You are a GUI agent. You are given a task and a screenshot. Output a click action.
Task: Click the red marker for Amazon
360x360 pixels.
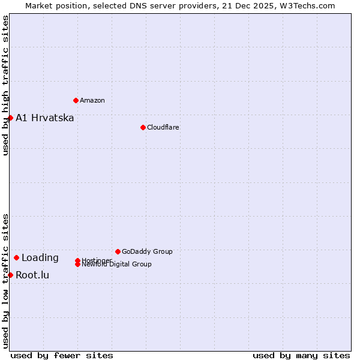click(x=76, y=100)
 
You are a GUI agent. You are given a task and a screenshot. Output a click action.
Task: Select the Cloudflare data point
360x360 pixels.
click(x=143, y=127)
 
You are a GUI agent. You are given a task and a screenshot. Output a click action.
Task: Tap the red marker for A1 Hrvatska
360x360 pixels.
click(x=10, y=118)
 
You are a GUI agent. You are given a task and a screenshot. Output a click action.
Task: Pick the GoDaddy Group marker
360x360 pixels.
click(x=118, y=251)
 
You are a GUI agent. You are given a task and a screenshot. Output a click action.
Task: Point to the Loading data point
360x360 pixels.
click(x=16, y=257)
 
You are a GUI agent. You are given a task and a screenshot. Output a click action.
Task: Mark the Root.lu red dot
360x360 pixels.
click(x=10, y=275)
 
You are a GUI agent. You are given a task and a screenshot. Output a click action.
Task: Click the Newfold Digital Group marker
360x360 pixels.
click(x=78, y=264)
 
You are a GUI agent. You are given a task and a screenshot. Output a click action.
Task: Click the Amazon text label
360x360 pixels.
click(x=92, y=100)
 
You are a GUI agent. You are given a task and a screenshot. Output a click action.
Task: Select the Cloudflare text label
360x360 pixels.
click(x=163, y=127)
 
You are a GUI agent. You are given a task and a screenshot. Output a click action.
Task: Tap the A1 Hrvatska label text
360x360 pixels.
click(x=45, y=118)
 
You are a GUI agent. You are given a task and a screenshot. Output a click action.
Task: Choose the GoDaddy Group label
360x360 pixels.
click(x=147, y=251)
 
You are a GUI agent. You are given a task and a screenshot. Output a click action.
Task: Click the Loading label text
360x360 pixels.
click(x=40, y=258)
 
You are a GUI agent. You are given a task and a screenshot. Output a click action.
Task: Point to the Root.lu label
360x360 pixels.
click(x=32, y=275)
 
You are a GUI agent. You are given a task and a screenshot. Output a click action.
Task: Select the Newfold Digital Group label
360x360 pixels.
click(x=117, y=265)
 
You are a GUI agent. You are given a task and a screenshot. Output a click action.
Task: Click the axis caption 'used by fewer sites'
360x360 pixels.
click(x=62, y=355)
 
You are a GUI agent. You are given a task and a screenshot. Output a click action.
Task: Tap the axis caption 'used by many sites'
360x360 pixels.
click(x=301, y=355)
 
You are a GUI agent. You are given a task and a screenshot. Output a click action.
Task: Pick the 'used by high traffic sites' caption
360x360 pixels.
click(x=5, y=85)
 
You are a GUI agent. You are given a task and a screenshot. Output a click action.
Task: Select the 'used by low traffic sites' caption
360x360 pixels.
click(x=5, y=280)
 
